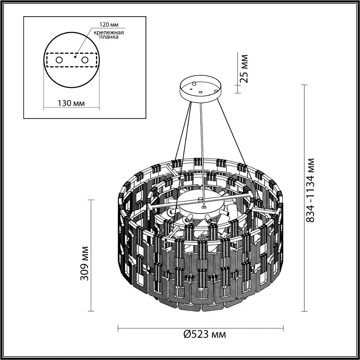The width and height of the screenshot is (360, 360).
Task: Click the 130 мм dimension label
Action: [71, 103]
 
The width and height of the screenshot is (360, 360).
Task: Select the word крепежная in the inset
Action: [108, 32]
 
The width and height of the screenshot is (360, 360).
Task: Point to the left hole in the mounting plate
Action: [59, 60]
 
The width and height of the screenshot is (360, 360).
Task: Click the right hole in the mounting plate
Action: [84, 60]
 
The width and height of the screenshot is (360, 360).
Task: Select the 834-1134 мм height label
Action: [310, 190]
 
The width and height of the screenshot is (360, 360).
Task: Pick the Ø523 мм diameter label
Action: [205, 334]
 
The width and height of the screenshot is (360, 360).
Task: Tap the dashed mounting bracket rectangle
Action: [71, 60]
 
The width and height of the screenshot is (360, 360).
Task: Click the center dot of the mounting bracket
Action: [75, 56]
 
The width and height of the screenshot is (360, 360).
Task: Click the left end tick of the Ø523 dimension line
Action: [118, 328]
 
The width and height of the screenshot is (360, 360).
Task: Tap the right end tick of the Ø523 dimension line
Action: [283, 328]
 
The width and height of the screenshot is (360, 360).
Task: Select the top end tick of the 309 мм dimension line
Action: [92, 200]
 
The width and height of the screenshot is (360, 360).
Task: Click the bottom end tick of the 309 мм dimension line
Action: [92, 311]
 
